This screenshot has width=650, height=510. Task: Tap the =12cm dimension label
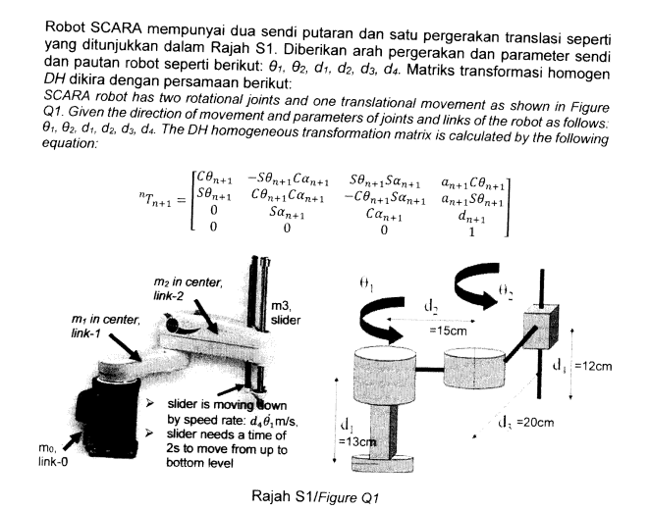(x=593, y=366)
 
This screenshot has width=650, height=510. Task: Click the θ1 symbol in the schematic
(x=366, y=283)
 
